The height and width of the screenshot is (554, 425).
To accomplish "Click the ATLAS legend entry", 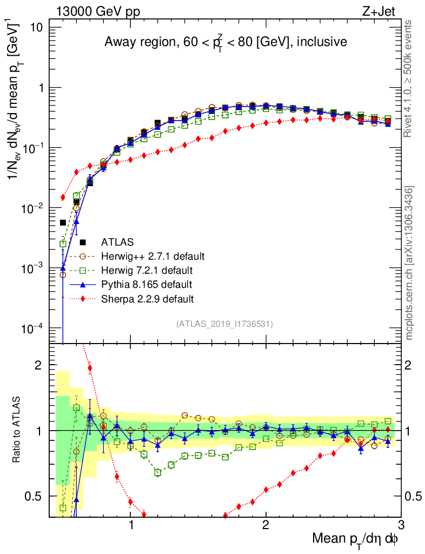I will coord(117,242).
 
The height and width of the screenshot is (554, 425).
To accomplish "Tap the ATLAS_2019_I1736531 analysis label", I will coord(224,324).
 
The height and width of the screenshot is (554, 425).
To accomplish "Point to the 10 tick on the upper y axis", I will coord(42,28).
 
